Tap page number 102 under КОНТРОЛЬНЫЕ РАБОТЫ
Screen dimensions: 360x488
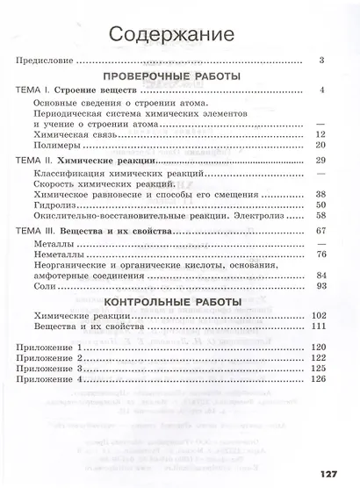point(318,315)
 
